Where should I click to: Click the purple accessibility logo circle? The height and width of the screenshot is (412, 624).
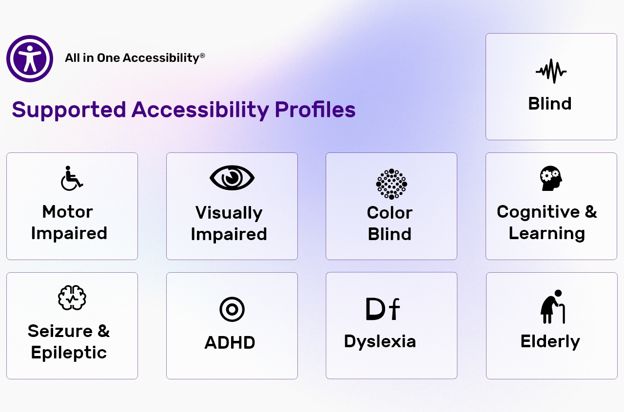pyautogui.click(x=30, y=58)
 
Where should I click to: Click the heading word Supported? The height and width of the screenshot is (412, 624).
pyautogui.click(x=69, y=110)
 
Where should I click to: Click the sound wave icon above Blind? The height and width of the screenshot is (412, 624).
pyautogui.click(x=551, y=71)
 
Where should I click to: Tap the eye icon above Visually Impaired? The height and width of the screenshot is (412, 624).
pyautogui.click(x=232, y=178)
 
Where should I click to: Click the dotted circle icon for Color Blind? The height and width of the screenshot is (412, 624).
pyautogui.click(x=391, y=184)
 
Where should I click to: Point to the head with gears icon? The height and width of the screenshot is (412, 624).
pyautogui.click(x=551, y=178)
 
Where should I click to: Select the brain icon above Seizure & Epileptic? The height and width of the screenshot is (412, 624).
pyautogui.click(x=72, y=298)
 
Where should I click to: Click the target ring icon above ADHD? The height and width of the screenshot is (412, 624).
pyautogui.click(x=232, y=309)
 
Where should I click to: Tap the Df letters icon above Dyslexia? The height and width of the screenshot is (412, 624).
pyautogui.click(x=383, y=309)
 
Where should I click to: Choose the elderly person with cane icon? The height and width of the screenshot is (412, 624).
pyautogui.click(x=553, y=307)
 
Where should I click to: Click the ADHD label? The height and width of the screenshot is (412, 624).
pyautogui.click(x=230, y=342)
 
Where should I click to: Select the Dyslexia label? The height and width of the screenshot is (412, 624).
pyautogui.click(x=380, y=341)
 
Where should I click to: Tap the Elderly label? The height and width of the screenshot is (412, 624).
pyautogui.click(x=550, y=341)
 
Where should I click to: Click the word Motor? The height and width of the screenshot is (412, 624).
pyautogui.click(x=67, y=212)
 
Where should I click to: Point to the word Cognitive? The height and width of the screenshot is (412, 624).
pyautogui.click(x=538, y=212)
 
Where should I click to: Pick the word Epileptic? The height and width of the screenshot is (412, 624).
pyautogui.click(x=69, y=353)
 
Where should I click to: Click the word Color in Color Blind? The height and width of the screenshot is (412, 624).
pyautogui.click(x=390, y=213)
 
